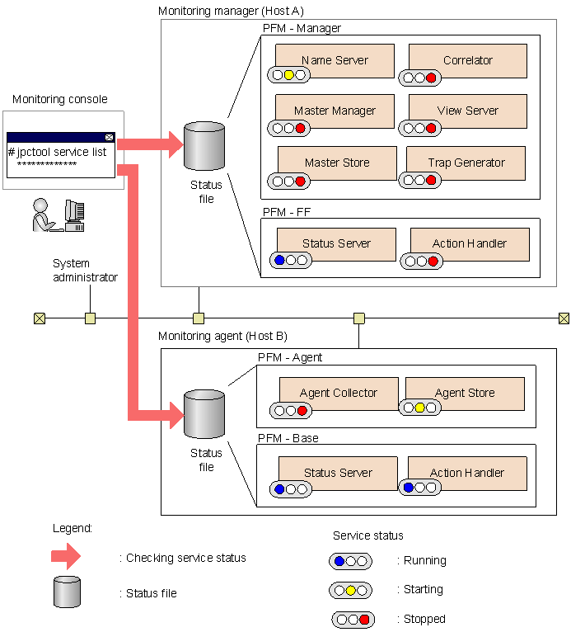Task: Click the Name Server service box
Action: (x=335, y=60)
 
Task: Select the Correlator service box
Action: (x=467, y=60)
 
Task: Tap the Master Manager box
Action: (x=335, y=111)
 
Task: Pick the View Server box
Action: (x=467, y=111)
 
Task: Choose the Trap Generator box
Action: (x=466, y=163)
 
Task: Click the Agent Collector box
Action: (x=338, y=393)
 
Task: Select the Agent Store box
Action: (x=465, y=393)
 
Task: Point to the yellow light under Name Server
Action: (x=289, y=75)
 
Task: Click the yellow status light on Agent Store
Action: (x=419, y=408)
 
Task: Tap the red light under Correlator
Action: (x=431, y=78)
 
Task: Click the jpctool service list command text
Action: (x=58, y=152)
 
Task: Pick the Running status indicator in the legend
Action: (x=351, y=561)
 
